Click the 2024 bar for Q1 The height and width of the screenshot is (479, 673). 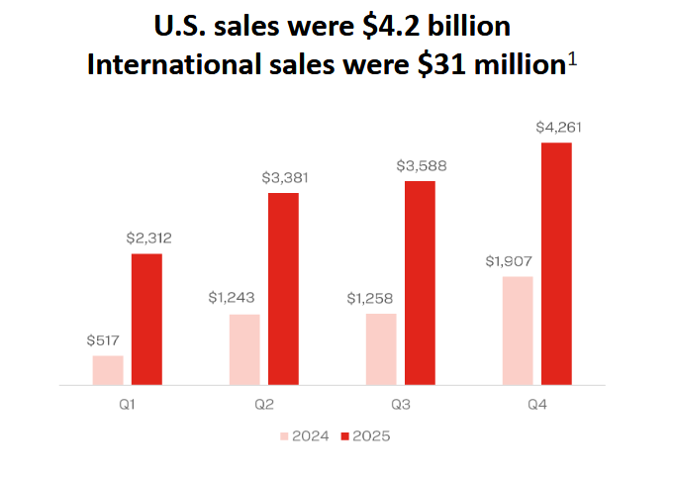(108, 369)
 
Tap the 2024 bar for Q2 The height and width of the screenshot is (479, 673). (244, 348)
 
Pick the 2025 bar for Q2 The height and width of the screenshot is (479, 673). (283, 288)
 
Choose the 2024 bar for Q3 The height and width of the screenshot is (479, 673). (381, 348)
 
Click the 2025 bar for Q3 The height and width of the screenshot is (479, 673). (420, 282)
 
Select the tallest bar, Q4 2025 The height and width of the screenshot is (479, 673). (556, 263)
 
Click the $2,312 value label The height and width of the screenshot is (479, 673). (149, 239)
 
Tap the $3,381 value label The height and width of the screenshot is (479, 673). (285, 178)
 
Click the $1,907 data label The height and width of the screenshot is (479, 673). (509, 261)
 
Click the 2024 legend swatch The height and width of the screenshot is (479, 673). (286, 435)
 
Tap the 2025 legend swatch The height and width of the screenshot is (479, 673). (345, 435)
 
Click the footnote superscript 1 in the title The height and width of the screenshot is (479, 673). (572, 60)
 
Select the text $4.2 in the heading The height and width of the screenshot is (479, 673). (410, 25)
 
